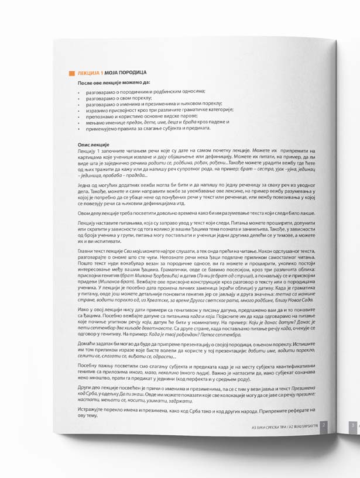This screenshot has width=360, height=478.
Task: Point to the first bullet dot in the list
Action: tap(80, 92)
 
